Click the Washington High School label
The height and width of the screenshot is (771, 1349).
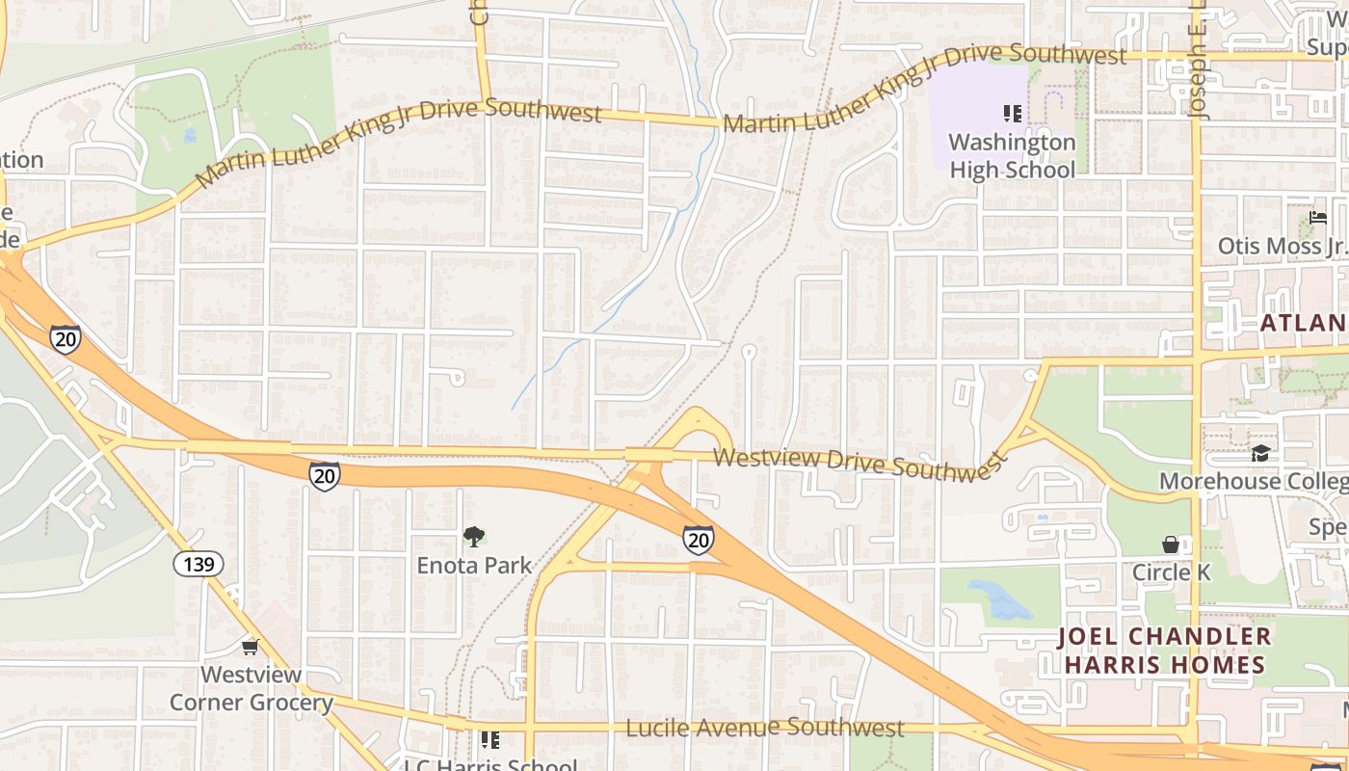(x=1012, y=156)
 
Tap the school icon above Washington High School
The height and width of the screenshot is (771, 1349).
(x=1012, y=114)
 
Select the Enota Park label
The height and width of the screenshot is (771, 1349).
(x=474, y=565)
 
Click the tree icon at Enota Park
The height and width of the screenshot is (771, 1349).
(x=473, y=537)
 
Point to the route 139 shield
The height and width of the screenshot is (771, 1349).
(x=198, y=564)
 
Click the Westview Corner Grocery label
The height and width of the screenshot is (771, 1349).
(x=251, y=688)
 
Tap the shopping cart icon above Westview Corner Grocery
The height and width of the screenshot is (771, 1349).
(x=251, y=647)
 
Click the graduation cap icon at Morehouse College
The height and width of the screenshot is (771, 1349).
(x=1260, y=453)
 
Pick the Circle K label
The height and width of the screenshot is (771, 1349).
(x=1171, y=572)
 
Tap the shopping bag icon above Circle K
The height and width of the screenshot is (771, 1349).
(x=1171, y=545)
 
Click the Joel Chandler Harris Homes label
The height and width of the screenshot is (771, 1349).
(x=1164, y=651)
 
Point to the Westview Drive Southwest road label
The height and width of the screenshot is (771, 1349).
(x=860, y=464)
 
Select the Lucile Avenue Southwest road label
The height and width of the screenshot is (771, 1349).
(x=765, y=728)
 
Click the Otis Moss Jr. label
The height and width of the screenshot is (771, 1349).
(x=1282, y=246)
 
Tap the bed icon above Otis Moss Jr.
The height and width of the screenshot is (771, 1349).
(x=1318, y=218)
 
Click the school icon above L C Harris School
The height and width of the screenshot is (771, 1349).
(x=490, y=739)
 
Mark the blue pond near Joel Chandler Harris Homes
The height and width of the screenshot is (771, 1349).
(x=1000, y=600)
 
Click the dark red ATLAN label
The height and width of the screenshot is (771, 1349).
(x=1304, y=323)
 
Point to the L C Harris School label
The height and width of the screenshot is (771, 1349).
(x=491, y=765)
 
